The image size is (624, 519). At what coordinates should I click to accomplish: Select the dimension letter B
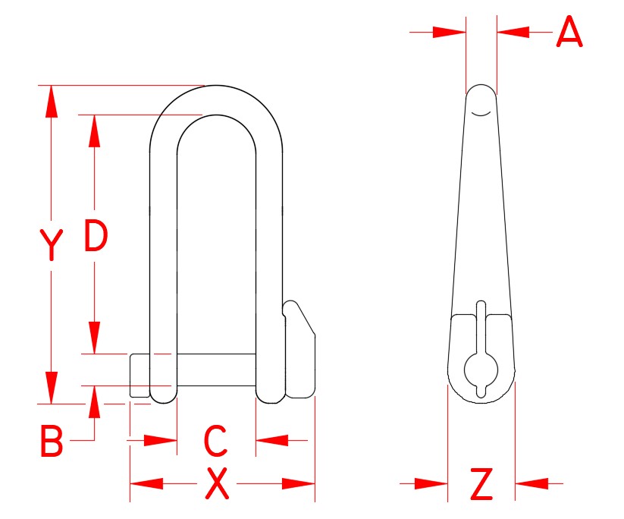click(51, 442)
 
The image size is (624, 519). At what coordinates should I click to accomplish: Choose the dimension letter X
click(218, 484)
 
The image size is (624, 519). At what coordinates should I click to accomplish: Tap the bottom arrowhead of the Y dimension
click(51, 388)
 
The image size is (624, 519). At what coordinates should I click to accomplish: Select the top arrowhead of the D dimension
click(94, 131)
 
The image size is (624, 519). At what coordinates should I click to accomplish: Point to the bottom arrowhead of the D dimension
click(94, 338)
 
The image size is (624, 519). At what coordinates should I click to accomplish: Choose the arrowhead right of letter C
click(271, 439)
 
